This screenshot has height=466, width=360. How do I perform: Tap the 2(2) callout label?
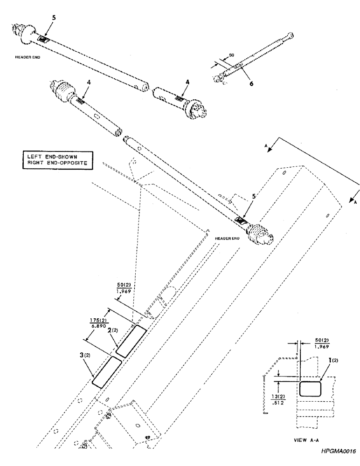point(110,330)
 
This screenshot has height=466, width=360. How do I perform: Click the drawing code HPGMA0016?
point(338,452)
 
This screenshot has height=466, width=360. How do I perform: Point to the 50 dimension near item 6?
point(231,55)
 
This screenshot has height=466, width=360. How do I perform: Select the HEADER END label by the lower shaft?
point(227,238)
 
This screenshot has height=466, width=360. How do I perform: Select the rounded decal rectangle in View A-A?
point(311,388)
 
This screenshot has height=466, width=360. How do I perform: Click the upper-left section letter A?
point(267,146)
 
